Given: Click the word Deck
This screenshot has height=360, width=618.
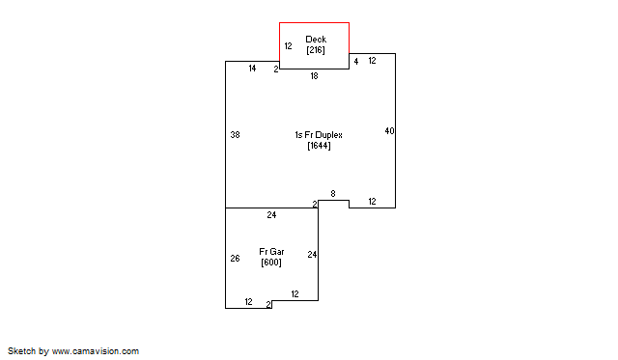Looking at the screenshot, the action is pos(316,40).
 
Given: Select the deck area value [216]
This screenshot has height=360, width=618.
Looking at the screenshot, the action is pos(316,50).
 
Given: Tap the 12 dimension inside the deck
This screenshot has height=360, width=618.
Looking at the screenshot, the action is pos(288,46).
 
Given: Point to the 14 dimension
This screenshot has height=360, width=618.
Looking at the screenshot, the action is pos(252,69).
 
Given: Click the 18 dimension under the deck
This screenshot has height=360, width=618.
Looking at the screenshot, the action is pos(314,76).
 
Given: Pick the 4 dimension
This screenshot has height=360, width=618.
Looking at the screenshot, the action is pos(356,62).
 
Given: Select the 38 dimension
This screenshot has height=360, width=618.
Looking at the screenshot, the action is pos(235,135).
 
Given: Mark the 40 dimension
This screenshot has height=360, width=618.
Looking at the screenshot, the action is pos(389,130).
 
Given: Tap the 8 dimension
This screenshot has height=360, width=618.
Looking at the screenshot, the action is pos(333,194).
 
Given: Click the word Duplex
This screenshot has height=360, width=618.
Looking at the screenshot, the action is pos(328,135).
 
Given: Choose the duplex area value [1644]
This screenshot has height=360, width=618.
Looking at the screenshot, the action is pos(319,146).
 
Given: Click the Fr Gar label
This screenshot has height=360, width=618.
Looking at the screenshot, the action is pos(271,252).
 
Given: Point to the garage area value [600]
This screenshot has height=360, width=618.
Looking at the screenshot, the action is pos(271,263).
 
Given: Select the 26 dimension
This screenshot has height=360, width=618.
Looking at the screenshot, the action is pos(235,259).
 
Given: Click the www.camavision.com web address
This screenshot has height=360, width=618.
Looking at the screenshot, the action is pos(96,351).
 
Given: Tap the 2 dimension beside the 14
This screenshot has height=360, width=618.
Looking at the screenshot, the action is pos(276,69).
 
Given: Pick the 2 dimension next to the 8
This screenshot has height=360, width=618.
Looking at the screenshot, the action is pos(315,204).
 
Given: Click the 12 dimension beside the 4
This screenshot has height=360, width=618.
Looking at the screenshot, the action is pos(372,61).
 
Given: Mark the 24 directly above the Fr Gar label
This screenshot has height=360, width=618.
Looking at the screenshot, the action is pos(271,215).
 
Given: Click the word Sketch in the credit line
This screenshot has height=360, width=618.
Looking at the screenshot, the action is pos(22,351).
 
